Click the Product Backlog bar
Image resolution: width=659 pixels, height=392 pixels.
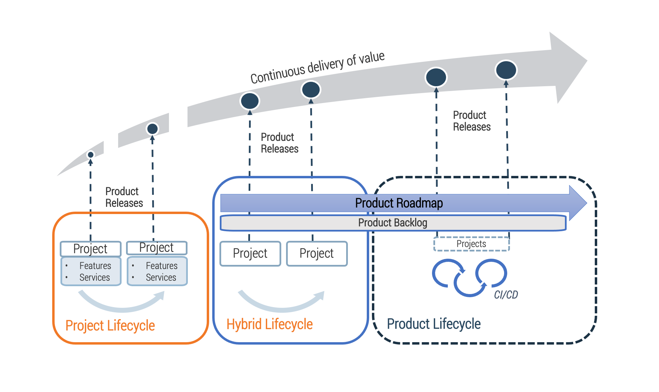pos(393,223)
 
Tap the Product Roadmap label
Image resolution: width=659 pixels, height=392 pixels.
pos(399,203)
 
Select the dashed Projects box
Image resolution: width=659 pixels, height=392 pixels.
pos(471,244)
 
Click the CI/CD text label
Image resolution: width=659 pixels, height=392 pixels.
pos(506,295)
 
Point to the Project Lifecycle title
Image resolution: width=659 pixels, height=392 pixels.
pos(110,325)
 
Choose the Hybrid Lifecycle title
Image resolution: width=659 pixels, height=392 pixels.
pos(270,324)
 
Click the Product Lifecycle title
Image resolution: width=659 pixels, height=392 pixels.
pos(434,324)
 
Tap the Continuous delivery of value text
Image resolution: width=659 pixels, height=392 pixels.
pos(317,67)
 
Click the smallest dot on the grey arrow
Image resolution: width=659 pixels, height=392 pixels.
pos(91,155)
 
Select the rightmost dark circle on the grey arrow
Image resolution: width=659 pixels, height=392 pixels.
pos(506,70)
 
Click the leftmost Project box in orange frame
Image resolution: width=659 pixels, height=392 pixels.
pos(91,249)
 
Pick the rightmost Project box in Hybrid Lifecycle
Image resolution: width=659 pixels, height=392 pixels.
pos(317,254)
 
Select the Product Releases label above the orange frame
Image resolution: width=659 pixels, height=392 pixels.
pos(124,197)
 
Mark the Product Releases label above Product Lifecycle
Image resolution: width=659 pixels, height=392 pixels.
pos(471,121)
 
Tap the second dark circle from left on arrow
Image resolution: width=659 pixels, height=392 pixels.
pos(152,129)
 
